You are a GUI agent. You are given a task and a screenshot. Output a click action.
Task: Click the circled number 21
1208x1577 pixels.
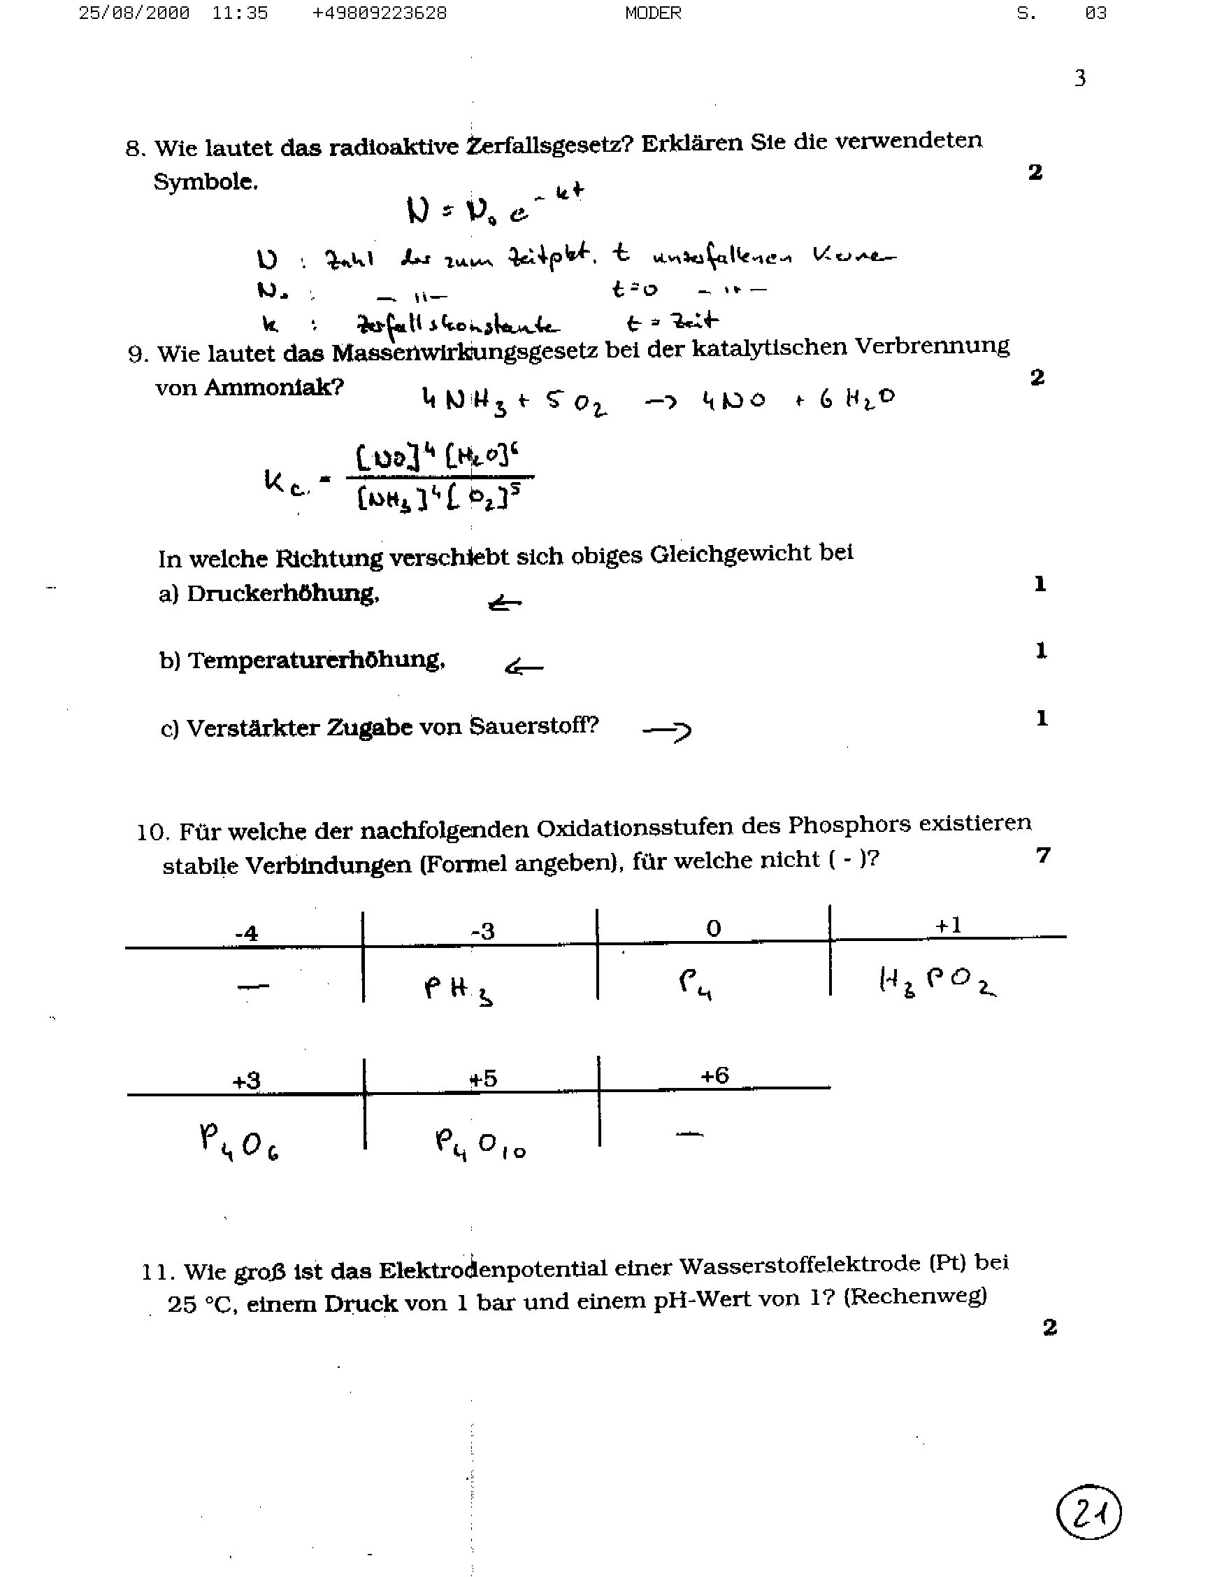click(1088, 1512)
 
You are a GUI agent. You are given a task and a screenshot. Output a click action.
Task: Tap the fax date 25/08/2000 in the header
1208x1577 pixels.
click(134, 13)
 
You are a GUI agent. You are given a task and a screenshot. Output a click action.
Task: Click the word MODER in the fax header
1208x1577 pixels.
click(653, 13)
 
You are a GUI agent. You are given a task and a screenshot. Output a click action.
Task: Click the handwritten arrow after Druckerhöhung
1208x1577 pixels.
click(505, 603)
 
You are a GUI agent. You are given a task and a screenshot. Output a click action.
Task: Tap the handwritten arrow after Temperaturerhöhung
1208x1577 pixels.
click(524, 667)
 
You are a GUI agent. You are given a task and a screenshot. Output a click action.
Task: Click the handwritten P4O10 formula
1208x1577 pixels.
click(480, 1144)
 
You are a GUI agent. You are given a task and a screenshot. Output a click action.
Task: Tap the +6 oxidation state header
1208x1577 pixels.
click(714, 1075)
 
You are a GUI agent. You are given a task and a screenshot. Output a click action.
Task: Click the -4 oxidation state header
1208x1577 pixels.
click(246, 933)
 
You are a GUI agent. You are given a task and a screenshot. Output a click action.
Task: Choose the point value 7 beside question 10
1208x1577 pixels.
click(1043, 855)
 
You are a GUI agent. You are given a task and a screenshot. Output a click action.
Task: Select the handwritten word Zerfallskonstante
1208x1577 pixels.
click(459, 325)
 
